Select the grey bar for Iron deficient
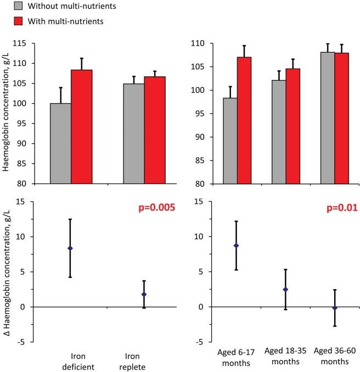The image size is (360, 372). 60,143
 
